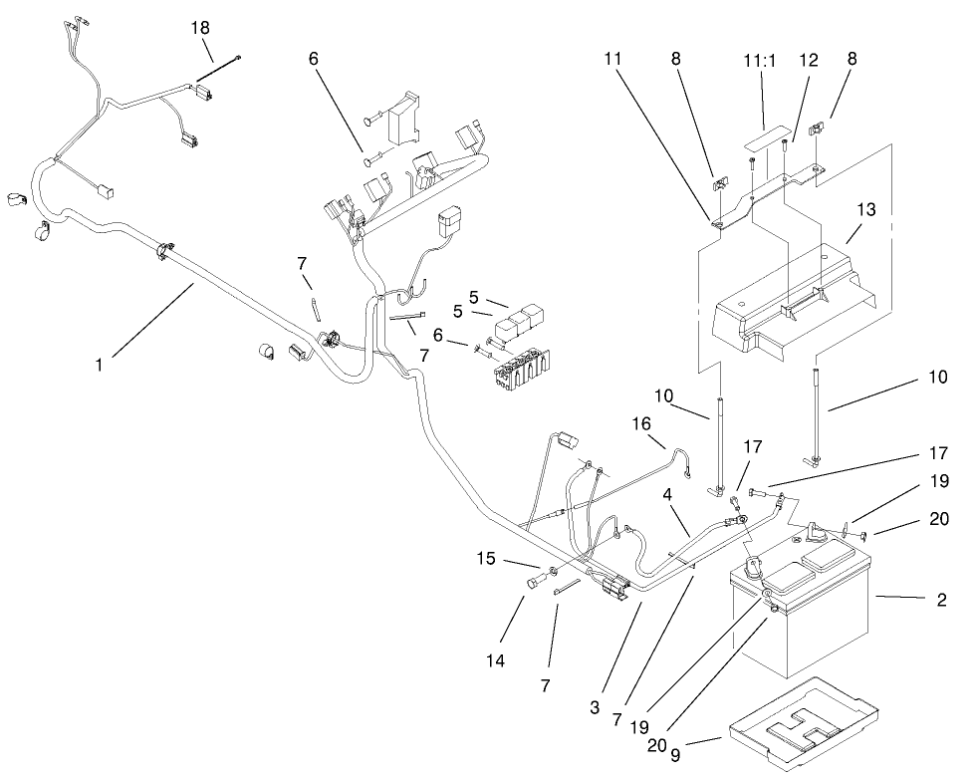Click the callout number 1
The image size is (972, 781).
point(100,366)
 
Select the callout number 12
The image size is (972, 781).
point(808,60)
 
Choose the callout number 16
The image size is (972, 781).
point(640,423)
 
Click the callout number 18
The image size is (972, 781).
point(199,27)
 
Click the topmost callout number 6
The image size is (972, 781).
point(313,60)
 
